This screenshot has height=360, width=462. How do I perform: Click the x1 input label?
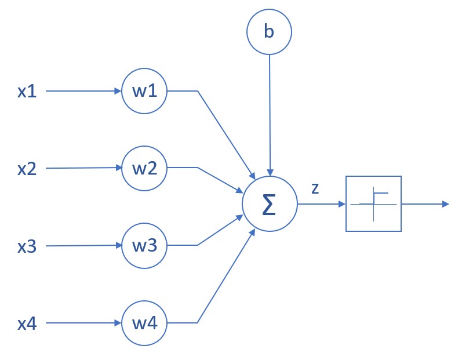click(x=27, y=92)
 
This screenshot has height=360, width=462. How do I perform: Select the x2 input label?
click(x=27, y=169)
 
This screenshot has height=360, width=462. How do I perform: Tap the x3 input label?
click(x=27, y=246)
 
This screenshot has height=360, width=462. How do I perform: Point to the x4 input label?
click(x=27, y=323)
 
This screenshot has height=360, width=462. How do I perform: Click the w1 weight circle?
click(x=144, y=92)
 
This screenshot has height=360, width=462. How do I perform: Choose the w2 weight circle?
click(x=144, y=168)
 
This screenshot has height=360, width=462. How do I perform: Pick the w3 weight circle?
click(x=144, y=246)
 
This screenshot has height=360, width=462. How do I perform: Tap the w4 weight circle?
click(x=144, y=322)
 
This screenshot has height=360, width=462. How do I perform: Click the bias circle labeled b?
click(x=269, y=31)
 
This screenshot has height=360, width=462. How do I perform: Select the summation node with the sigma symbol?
click(x=269, y=205)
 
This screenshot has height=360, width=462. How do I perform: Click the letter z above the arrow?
click(x=315, y=189)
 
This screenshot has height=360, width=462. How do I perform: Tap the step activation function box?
click(x=373, y=204)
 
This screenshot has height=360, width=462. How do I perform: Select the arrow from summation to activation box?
click(x=321, y=204)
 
